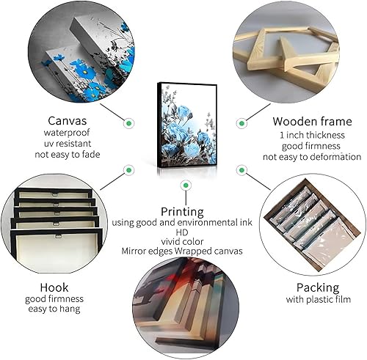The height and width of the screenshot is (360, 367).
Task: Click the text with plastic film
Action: pyautogui.click(x=318, y=299)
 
